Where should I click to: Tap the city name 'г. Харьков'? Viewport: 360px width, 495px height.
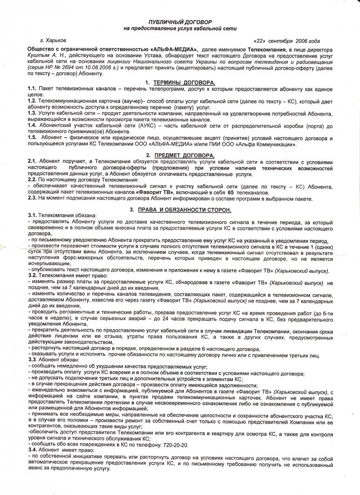[53, 40]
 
